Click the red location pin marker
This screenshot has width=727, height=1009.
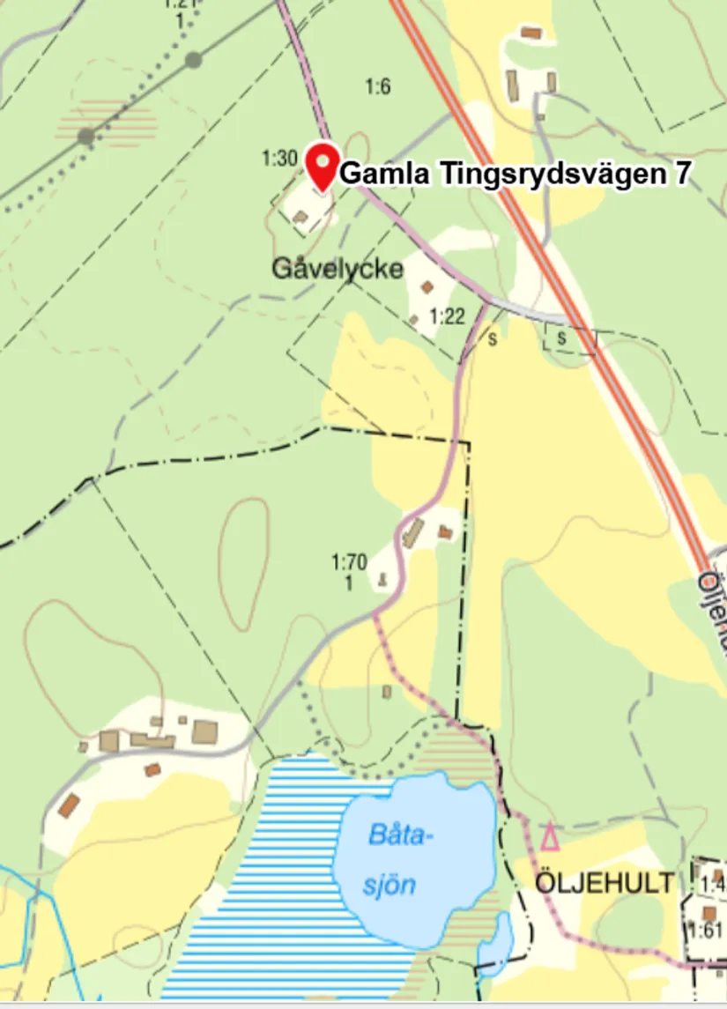323,166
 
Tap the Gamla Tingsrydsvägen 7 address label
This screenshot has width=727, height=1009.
514,174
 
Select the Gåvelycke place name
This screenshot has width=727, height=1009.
337,268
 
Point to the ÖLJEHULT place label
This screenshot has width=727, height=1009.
606,882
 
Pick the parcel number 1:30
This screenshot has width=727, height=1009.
279,159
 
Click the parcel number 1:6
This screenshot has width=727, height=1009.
377,86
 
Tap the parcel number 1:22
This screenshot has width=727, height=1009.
447,315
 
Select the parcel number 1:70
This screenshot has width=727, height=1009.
349,560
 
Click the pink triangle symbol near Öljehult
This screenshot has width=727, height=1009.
550,836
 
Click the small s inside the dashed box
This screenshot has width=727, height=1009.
560,338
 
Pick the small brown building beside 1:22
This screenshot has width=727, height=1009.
428,286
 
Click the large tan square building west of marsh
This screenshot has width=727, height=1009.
205,731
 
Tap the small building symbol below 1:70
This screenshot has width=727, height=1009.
382,579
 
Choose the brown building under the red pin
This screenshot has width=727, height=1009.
300,216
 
